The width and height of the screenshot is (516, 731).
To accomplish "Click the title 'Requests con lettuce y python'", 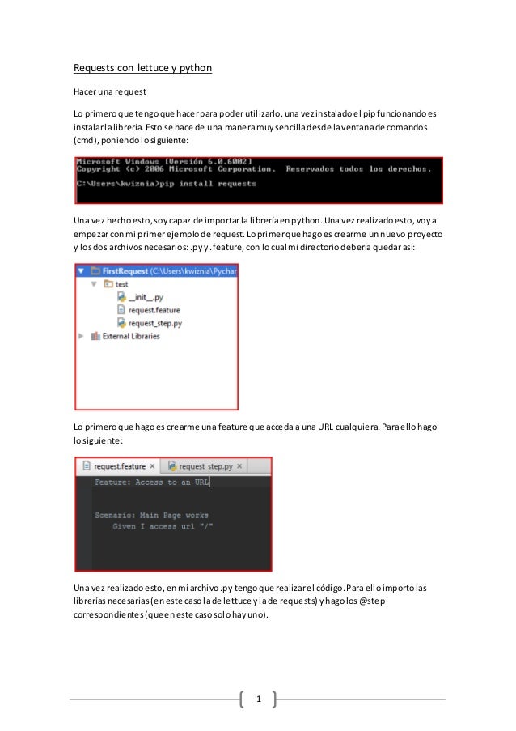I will pyautogui.click(x=142, y=68).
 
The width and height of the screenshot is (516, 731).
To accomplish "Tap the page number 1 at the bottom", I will pyautogui.click(x=258, y=698).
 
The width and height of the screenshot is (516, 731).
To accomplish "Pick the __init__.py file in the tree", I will pyautogui.click(x=146, y=297).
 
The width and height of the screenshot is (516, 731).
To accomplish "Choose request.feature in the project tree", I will pyautogui.click(x=154, y=310).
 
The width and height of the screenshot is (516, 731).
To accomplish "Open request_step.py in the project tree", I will pyautogui.click(x=154, y=323).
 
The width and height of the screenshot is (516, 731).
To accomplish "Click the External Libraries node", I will pyautogui.click(x=129, y=336).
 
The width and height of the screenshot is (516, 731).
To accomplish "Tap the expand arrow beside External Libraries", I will pyautogui.click(x=81, y=336).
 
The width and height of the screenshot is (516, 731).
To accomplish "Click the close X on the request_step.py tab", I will pyautogui.click(x=239, y=466).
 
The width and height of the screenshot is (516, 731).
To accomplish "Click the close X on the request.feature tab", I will pyautogui.click(x=153, y=466).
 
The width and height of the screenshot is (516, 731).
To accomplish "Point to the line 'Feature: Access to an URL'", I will pyautogui.click(x=151, y=482).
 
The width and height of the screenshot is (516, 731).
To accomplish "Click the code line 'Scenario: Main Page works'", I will pyautogui.click(x=151, y=515).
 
